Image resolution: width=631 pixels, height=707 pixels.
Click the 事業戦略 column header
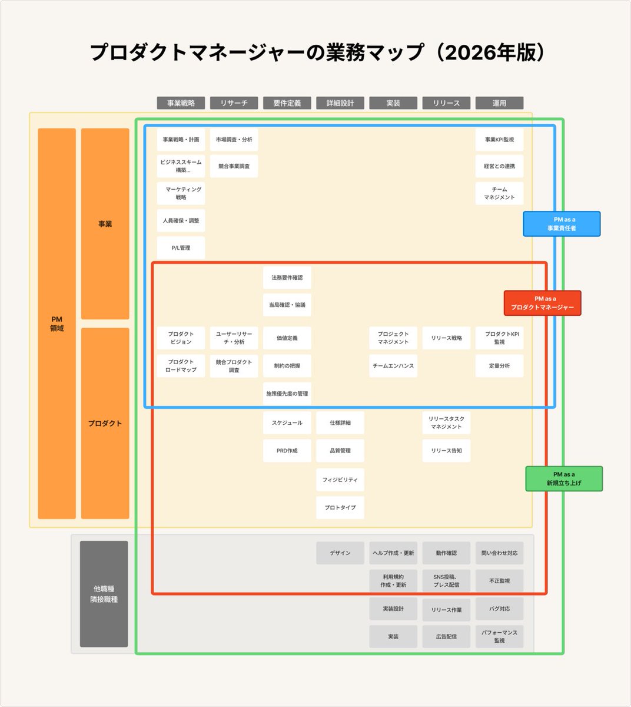(181, 103)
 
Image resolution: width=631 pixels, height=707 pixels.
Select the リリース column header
(446, 103)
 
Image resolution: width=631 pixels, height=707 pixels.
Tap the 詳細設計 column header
(340, 103)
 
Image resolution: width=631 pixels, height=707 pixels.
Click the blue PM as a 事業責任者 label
(562, 224)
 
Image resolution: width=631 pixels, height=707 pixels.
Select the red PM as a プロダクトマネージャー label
(542, 303)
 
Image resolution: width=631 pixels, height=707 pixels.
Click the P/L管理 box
(181, 248)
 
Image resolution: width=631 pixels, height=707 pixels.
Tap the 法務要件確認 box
(287, 277)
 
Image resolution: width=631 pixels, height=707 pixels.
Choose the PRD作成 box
(287, 451)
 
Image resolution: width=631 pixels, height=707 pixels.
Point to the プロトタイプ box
(340, 507)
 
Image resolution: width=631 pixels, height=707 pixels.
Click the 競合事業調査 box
(234, 166)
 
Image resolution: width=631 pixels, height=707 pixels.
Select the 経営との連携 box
(499, 166)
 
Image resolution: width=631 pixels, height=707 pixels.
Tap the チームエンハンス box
(393, 366)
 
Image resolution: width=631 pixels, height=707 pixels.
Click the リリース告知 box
(446, 451)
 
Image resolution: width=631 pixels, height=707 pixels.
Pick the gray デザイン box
(340, 553)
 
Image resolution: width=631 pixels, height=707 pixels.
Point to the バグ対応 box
(499, 609)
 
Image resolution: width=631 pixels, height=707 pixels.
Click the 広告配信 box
(446, 637)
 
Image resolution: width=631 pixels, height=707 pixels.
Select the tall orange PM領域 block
(57, 323)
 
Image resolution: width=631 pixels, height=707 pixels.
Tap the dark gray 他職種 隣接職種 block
(104, 594)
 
